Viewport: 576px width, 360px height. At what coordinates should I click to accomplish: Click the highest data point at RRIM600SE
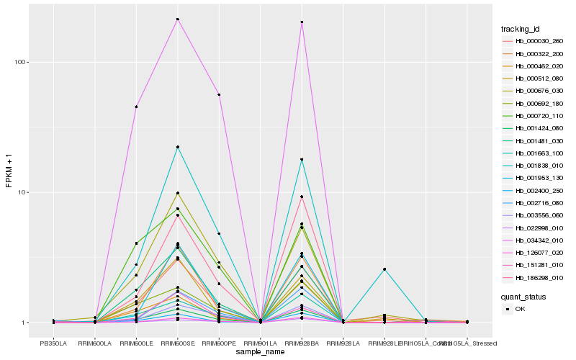177,19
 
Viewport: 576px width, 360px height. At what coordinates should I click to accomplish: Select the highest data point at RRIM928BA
302,22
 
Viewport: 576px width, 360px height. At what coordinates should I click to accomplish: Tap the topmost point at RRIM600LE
136,107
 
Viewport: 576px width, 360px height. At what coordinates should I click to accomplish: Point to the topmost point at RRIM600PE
219,94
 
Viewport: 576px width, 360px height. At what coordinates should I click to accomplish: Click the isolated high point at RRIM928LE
384,269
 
